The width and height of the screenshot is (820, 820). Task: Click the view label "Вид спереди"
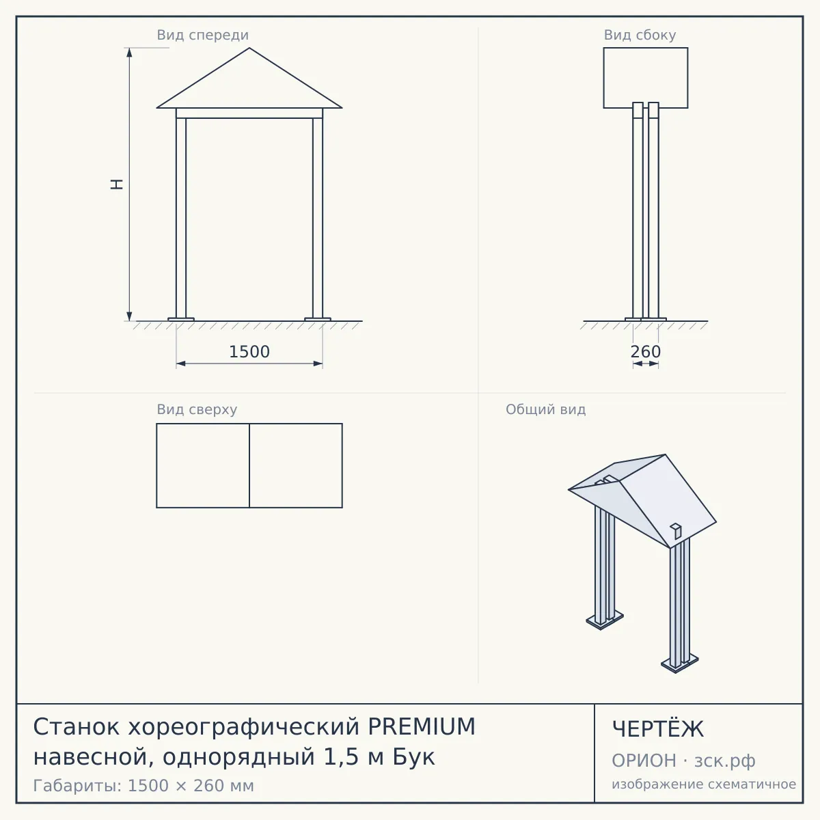pos(202,35)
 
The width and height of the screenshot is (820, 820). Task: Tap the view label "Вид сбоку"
pos(640,35)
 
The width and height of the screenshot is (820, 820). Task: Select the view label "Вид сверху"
pos(197,409)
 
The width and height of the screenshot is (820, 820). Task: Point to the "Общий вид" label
pos(545,409)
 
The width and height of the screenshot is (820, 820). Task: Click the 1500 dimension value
pos(249,352)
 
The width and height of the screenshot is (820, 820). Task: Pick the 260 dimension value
pos(646,352)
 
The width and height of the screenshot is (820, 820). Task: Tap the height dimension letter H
pos(117,184)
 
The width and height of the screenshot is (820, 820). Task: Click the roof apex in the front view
pos(249,48)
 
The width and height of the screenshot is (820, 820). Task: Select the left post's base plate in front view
pos(181,319)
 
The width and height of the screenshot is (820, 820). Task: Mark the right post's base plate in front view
pos(318,319)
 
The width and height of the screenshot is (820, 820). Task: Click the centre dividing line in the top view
pos(249,465)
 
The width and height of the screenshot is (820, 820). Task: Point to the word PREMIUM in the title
pos(422,726)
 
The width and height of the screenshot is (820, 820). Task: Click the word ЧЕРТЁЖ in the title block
pos(658,729)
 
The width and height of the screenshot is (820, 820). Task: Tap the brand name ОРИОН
pos(644,761)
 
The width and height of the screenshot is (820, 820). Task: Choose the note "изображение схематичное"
pos(704,784)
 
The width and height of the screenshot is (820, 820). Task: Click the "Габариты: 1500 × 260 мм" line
pos(143,786)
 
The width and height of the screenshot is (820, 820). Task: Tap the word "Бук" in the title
pos(413,757)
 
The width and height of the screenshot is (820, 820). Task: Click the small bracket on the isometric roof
pos(676,530)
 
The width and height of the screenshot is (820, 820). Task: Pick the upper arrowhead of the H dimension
pos(129,52)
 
